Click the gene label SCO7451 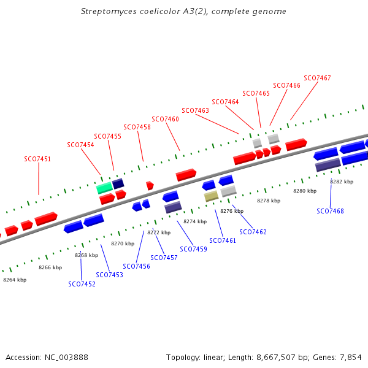pyautogui.click(x=37, y=159)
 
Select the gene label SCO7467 pyautogui.click(x=317, y=78)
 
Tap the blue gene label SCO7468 pyautogui.click(x=330, y=211)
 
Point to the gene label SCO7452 pyautogui.click(x=82, y=284)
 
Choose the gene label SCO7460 pyautogui.click(x=165, y=119)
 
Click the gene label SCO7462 pyautogui.click(x=253, y=232)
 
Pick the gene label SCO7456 pyautogui.click(x=136, y=266)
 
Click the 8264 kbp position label pyautogui.click(x=15, y=280)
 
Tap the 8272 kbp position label pyautogui.click(x=158, y=232)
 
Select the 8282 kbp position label pyautogui.click(x=342, y=182)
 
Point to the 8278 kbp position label pyautogui.click(x=268, y=201)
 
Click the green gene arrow pyautogui.click(x=104, y=187)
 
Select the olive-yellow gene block pyautogui.click(x=211, y=196)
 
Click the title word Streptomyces pyautogui.click(x=108, y=12)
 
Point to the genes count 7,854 pyautogui.click(x=351, y=357)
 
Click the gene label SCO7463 pyautogui.click(x=195, y=110)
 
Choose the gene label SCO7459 pyautogui.click(x=193, y=249)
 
